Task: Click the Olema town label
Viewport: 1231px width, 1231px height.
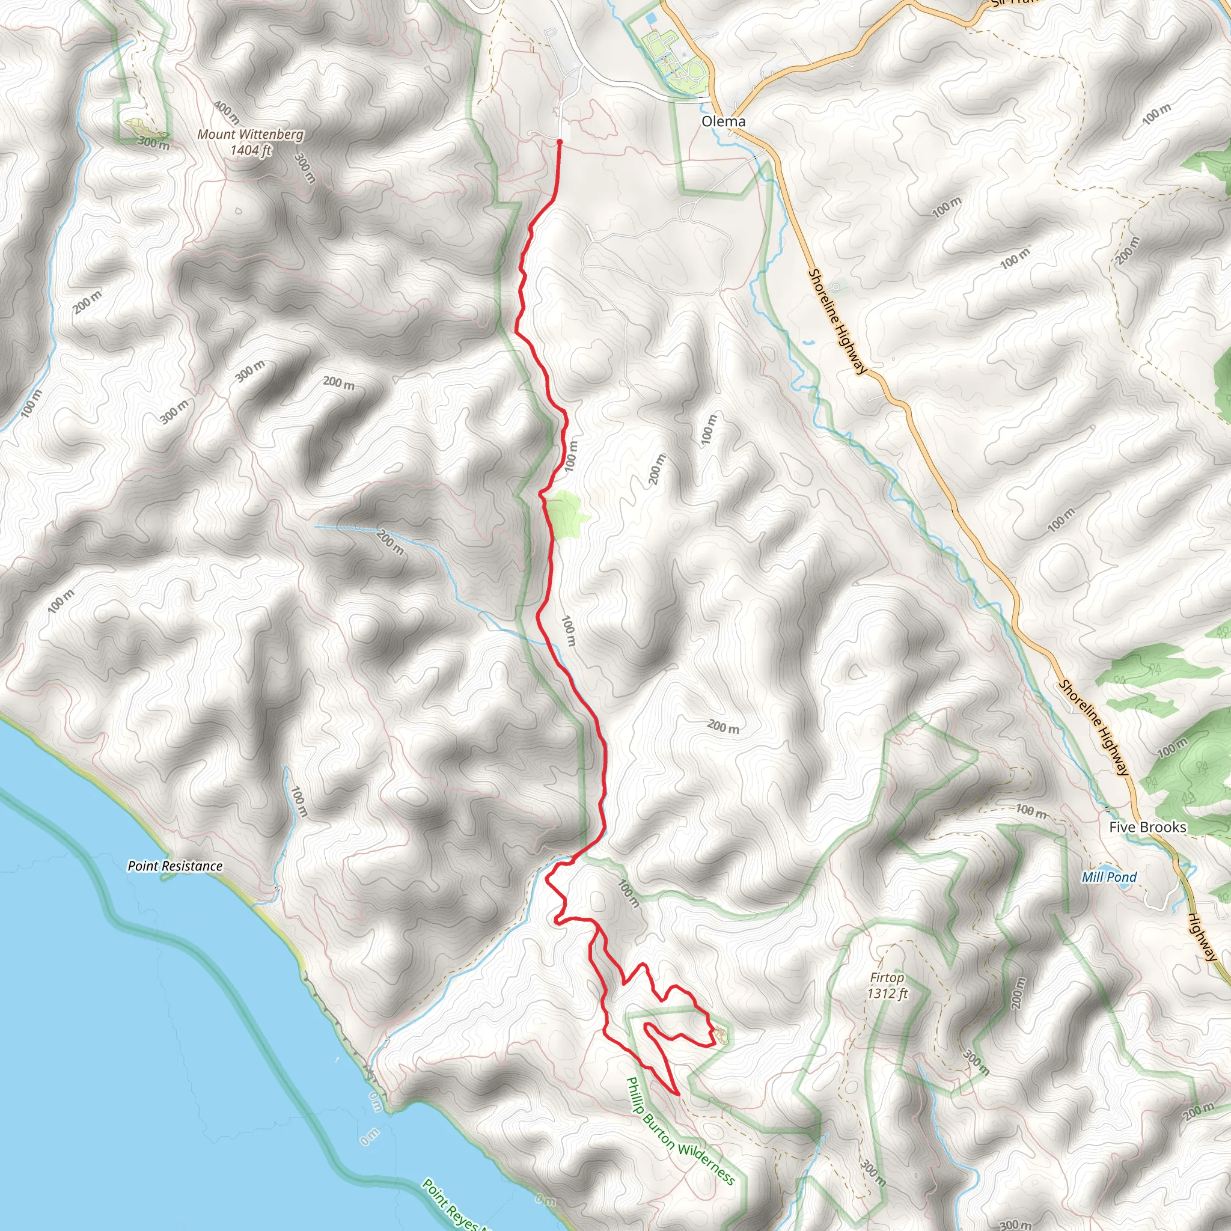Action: (x=723, y=121)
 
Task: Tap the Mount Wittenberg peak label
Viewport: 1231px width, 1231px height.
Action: (x=251, y=141)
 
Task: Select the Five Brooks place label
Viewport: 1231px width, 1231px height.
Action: (x=1147, y=827)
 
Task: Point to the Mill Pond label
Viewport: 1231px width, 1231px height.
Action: (x=1108, y=877)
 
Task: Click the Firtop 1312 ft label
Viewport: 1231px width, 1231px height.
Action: (x=887, y=985)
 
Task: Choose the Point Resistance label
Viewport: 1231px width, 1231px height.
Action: (x=176, y=866)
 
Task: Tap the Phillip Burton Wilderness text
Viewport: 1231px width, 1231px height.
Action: (x=680, y=1132)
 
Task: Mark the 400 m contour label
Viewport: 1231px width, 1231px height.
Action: (x=226, y=112)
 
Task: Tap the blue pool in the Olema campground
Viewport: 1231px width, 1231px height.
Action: (x=651, y=19)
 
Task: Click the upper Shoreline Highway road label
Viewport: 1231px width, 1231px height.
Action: (x=837, y=322)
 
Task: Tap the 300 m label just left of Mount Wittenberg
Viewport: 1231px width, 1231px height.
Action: (x=153, y=142)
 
